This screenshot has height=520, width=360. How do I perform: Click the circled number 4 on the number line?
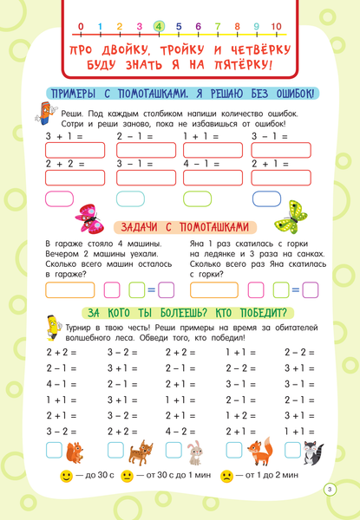pyautogui.click(x=159, y=26)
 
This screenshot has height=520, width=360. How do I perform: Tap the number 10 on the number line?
pyautogui.click(x=276, y=26)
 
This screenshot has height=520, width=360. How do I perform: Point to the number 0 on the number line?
pyautogui.click(x=81, y=26)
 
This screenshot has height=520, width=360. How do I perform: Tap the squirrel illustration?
pyautogui.click(x=75, y=451)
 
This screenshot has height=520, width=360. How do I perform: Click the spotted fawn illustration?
pyautogui.click(x=139, y=451)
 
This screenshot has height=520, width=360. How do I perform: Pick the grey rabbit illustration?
pyautogui.click(x=196, y=452)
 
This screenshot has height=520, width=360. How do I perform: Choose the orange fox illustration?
pyautogui.click(x=258, y=451)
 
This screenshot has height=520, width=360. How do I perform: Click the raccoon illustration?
pyautogui.click(x=310, y=451)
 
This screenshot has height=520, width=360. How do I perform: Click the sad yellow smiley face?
pyautogui.click(x=227, y=476)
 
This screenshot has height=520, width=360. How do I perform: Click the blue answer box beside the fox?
pyautogui.click(x=233, y=450)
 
